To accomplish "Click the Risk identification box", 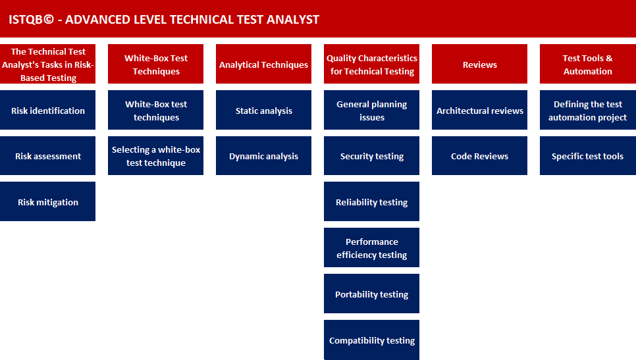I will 47,111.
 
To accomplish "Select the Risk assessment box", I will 47,156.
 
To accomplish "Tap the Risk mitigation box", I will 47,202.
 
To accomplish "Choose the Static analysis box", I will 263,111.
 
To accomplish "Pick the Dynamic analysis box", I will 263,156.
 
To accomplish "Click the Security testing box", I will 371,156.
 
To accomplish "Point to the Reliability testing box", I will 371,202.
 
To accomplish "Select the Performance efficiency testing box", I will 371,248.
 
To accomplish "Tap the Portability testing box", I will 371,294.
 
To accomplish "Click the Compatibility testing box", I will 371,340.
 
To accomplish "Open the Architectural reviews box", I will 479,111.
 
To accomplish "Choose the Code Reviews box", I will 479,156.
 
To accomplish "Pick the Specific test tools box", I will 587,156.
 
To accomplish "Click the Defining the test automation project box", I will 587,111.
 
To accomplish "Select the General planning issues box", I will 371,111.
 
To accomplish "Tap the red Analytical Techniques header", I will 263,64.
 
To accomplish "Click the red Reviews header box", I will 479,64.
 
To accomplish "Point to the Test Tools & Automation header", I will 587,64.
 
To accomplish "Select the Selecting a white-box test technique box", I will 155,156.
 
